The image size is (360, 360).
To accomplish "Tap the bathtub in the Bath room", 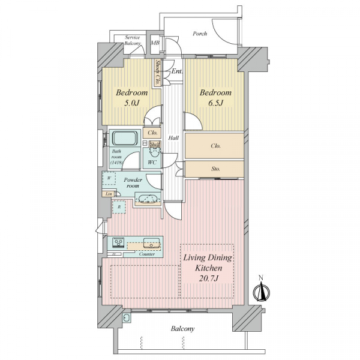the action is point(126,138).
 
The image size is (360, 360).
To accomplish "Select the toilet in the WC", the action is point(154,152).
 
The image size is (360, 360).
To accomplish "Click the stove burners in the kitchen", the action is point(118,242).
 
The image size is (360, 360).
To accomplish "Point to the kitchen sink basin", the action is point(151,242).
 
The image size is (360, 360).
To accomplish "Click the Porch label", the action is point(200,34).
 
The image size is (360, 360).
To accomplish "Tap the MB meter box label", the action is point(155,43).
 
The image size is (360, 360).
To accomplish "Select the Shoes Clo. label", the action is point(158,73).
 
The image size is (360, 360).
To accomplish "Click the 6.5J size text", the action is point(215,103).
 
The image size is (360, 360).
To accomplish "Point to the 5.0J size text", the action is point(132,103).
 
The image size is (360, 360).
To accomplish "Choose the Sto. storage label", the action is point(215,169).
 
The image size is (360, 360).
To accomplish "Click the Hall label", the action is point(173,138).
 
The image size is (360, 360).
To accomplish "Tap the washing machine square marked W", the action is point(109,178).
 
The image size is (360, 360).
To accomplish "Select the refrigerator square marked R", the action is point(119,207).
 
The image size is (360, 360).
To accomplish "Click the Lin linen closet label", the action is point(109,194).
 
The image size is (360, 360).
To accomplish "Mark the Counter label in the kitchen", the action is point(147,254).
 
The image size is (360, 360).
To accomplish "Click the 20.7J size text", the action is point(208,278).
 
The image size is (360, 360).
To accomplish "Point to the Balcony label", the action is point(182,329).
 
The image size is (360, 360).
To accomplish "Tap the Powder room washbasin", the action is point(146,199).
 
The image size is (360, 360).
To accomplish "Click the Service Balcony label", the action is point(133,40).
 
